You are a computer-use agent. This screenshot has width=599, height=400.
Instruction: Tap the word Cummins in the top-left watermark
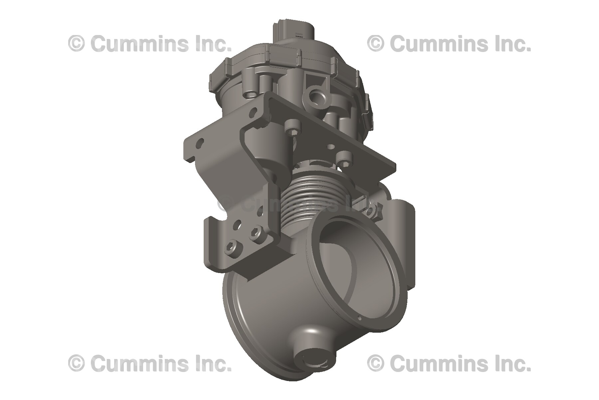pyautogui.click(x=138, y=44)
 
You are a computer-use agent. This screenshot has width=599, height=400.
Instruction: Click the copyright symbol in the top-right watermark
pyautogui.click(x=375, y=44)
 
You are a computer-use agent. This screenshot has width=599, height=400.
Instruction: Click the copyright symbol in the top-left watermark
pyautogui.click(x=76, y=44)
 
